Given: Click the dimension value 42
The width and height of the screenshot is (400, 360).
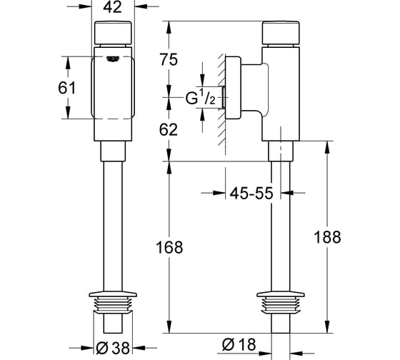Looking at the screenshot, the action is [x=113, y=7].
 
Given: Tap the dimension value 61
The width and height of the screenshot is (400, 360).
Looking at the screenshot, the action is [x=67, y=88].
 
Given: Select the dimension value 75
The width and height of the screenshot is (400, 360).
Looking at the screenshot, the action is [x=169, y=59].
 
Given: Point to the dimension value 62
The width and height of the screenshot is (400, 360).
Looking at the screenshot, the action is [x=169, y=129].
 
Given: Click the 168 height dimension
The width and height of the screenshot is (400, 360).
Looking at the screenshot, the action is [x=169, y=247].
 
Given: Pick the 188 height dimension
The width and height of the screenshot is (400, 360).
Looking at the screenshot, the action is [x=327, y=236].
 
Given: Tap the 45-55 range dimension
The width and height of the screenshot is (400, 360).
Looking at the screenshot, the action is [x=251, y=193].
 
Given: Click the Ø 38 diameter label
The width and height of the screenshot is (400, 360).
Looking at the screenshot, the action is [x=113, y=348].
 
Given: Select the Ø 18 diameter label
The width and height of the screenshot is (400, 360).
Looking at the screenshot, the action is [x=239, y=344].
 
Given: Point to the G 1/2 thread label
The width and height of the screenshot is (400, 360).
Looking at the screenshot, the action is [x=201, y=97].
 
